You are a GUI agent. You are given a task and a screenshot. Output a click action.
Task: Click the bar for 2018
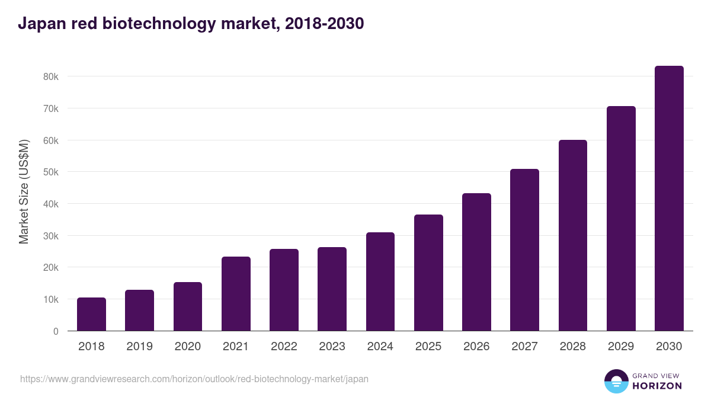coord(91,314)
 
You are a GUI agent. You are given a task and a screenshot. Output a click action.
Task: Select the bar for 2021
coord(236,294)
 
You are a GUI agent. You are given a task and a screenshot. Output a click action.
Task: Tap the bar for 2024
coord(380,281)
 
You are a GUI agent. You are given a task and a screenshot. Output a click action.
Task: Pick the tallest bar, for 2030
coord(669,199)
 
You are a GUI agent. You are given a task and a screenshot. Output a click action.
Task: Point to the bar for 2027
coord(524,250)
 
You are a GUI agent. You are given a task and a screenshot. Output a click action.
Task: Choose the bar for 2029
coord(621,219)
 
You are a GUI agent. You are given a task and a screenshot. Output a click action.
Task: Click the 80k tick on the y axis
coord(50,77)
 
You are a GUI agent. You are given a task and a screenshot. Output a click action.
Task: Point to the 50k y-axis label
coord(50,172)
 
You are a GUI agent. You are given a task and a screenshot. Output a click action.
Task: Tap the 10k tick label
coord(50,300)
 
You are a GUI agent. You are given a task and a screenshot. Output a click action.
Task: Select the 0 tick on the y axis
coord(56,331)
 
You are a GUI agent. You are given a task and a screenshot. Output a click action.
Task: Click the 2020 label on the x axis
coord(187,347)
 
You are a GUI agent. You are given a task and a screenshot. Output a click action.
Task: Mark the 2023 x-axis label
coord(332,347)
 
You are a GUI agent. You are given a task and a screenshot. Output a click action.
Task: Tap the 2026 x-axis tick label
coord(476,347)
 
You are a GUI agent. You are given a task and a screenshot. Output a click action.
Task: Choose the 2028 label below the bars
coord(572,347)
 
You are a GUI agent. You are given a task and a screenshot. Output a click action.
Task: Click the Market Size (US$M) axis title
coord(24,191)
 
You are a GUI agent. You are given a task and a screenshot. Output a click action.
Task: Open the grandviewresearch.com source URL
coord(194,379)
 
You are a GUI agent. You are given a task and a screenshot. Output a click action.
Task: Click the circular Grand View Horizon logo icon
coord(616,382)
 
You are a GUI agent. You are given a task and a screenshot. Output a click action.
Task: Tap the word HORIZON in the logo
coord(657,386)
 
